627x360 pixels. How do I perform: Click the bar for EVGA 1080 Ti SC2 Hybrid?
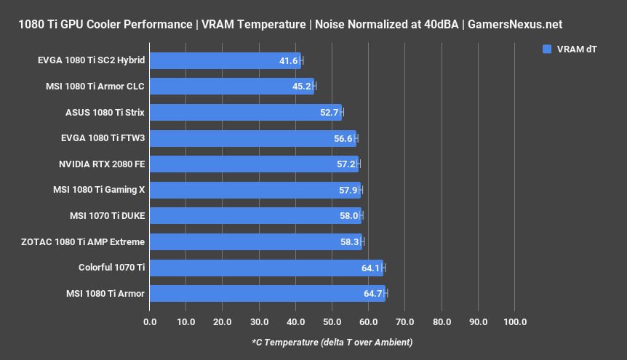coord(225,60)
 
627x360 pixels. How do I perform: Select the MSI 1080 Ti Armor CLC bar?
coord(231,87)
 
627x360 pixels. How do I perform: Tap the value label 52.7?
coord(330,113)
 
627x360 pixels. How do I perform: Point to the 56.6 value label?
coord(343,138)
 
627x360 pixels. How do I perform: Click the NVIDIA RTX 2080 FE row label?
coord(102,164)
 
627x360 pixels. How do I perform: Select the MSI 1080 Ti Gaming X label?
coord(99,190)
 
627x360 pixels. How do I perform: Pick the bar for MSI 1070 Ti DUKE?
coord(255,216)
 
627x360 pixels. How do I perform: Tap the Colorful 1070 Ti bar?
coord(266,268)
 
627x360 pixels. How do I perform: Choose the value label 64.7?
coord(373,294)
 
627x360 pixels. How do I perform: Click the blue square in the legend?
coord(547,49)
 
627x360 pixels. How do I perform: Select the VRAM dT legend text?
coord(578,49)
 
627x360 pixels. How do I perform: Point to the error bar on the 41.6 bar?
coord(302,60)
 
